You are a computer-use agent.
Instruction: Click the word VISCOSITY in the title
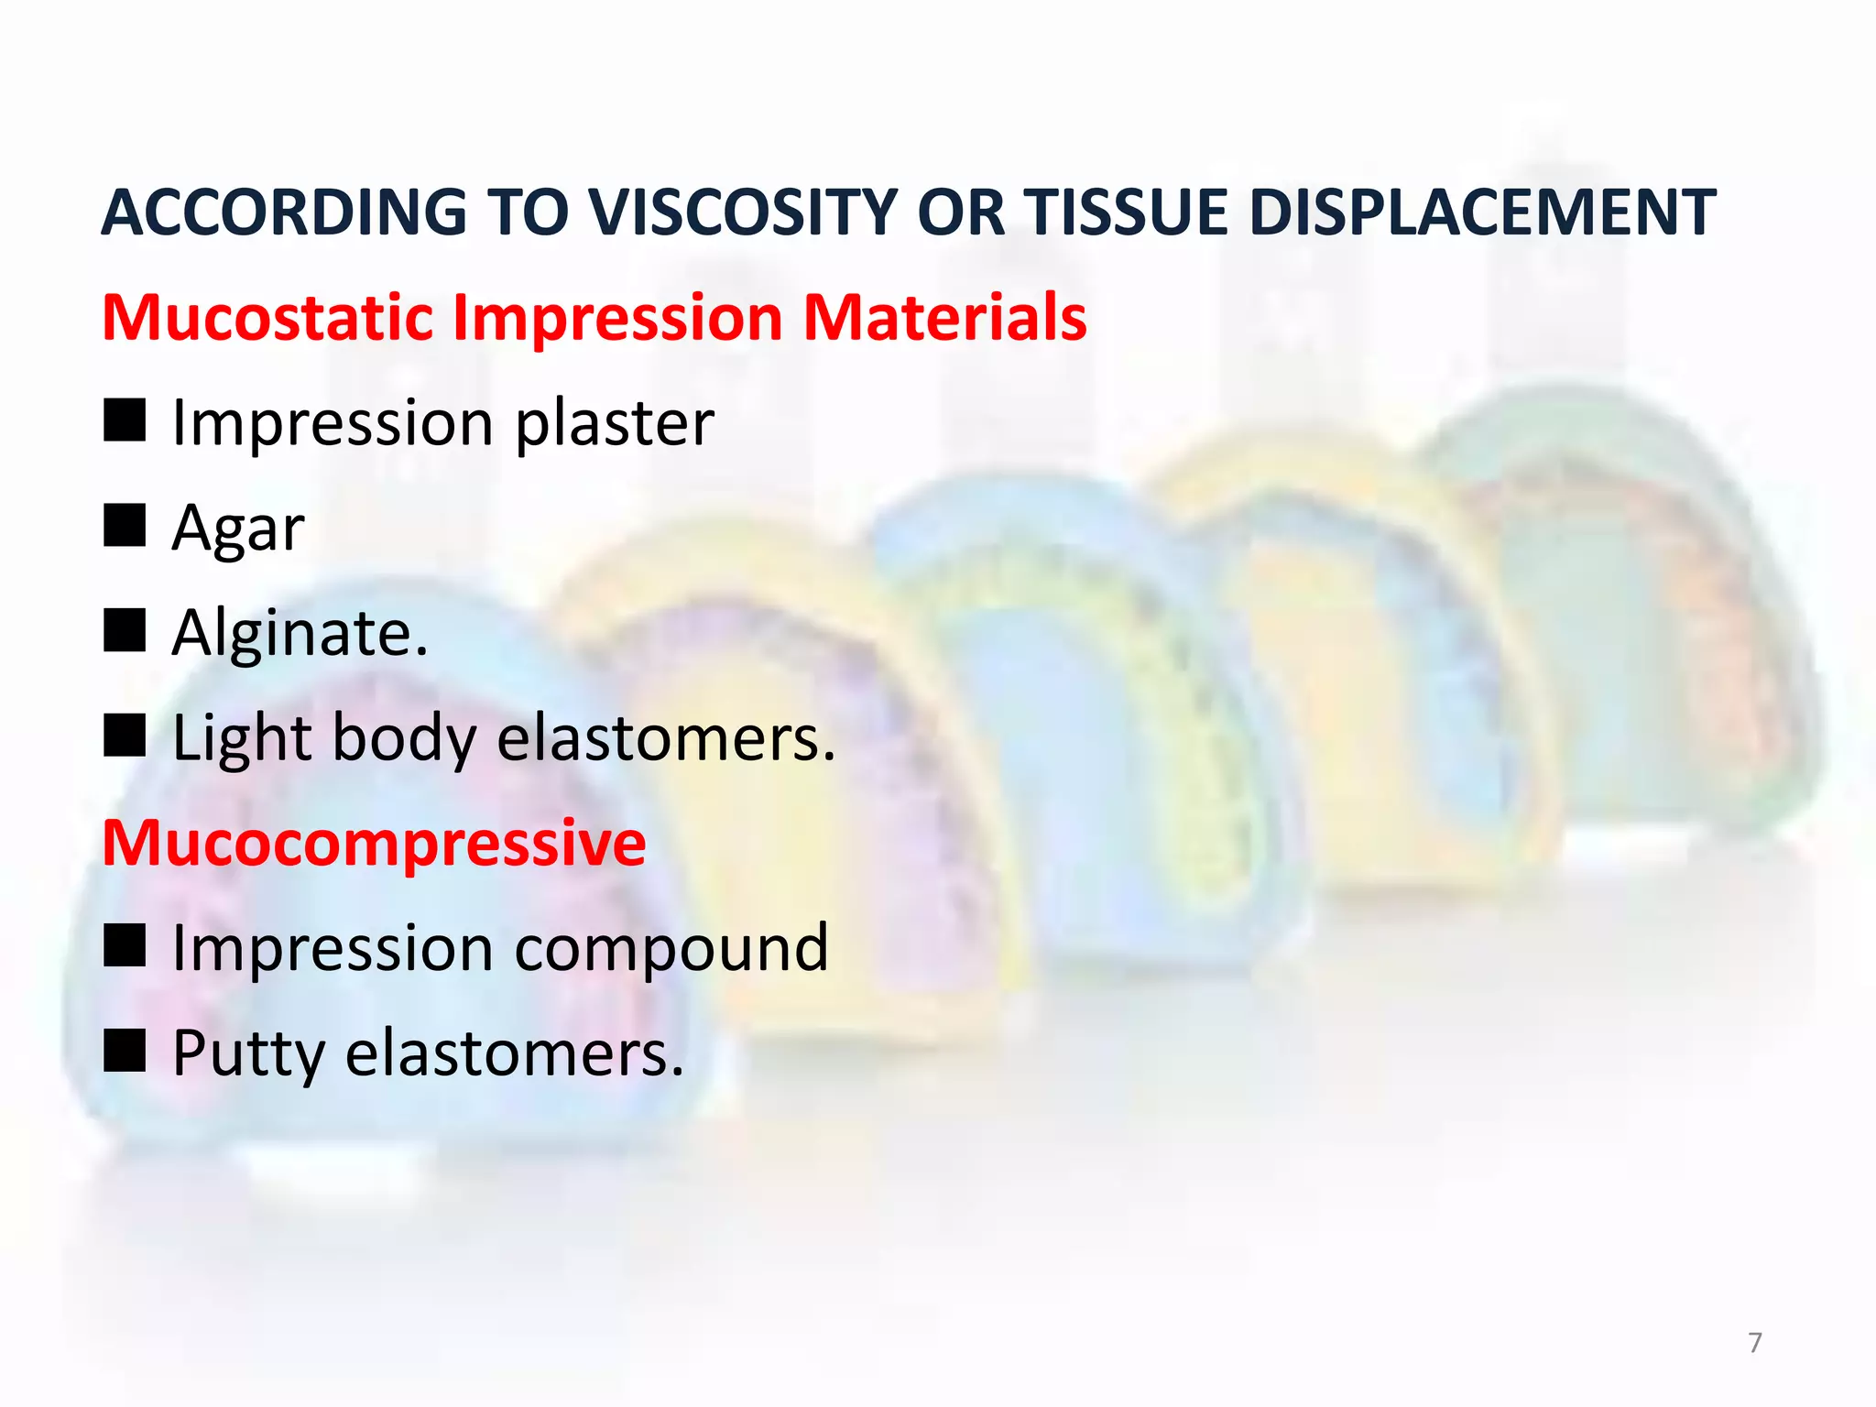click(x=741, y=213)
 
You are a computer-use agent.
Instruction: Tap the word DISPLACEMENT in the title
click(x=1481, y=213)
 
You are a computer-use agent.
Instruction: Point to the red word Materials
click(x=944, y=318)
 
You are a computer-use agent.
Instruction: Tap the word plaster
click(x=614, y=425)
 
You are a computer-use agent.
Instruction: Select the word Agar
click(x=237, y=529)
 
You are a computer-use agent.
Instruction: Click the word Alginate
click(x=300, y=634)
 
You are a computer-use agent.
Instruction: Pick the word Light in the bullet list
click(x=241, y=738)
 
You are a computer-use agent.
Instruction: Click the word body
click(x=404, y=738)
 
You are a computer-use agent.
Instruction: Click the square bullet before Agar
click(x=125, y=525)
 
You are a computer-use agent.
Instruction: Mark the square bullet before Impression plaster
click(x=125, y=420)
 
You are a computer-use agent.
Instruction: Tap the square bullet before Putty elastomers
click(x=125, y=1050)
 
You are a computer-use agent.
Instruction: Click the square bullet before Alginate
click(x=125, y=630)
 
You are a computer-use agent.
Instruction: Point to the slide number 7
click(x=1754, y=1343)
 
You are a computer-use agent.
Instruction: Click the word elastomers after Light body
click(x=665, y=738)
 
